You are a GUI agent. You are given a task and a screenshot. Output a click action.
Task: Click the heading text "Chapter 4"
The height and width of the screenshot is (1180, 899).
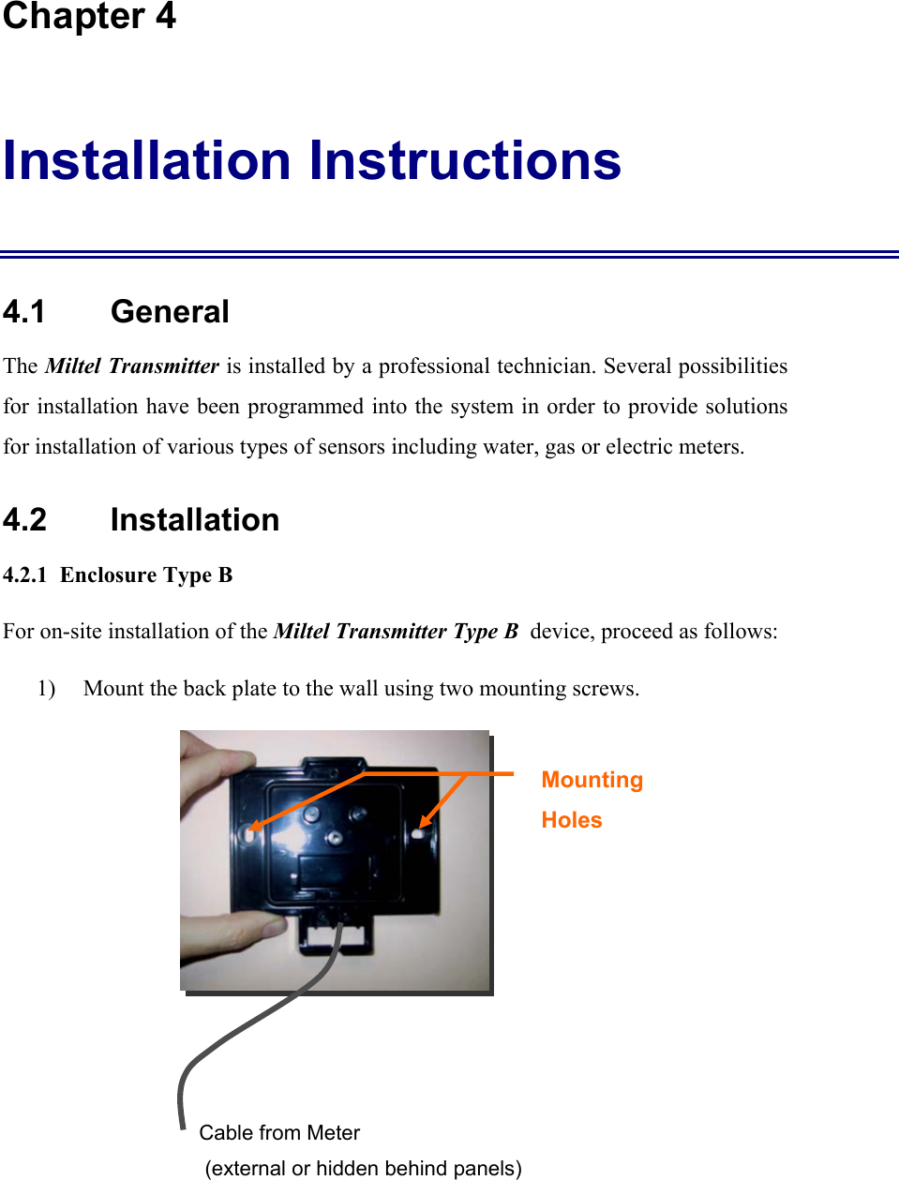(x=89, y=17)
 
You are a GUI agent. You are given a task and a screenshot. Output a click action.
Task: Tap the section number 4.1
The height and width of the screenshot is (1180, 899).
(x=24, y=312)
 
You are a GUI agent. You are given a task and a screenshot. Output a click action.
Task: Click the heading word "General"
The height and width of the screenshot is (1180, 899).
(x=170, y=312)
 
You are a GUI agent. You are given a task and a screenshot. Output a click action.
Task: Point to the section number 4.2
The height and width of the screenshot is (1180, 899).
(x=25, y=520)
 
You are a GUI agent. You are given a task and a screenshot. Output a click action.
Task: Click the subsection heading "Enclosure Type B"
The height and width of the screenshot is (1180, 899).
(x=146, y=575)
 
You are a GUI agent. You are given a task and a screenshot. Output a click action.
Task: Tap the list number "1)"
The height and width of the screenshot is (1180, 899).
(x=46, y=689)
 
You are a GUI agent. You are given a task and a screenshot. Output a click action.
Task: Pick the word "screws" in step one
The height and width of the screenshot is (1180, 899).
(x=604, y=689)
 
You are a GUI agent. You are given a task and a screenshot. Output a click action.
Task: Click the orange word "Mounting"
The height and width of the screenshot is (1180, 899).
(x=592, y=780)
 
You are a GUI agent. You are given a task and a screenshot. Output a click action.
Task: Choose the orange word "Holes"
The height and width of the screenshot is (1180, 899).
(x=572, y=820)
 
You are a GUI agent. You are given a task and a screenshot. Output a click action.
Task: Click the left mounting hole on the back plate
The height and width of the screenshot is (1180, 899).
(x=251, y=830)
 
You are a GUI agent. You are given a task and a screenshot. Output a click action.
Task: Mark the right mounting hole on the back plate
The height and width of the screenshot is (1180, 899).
(x=418, y=832)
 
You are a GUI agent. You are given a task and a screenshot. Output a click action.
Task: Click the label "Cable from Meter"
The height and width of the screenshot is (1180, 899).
(x=279, y=1133)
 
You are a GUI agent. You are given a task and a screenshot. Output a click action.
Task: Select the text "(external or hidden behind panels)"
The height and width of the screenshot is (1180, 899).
(x=363, y=1169)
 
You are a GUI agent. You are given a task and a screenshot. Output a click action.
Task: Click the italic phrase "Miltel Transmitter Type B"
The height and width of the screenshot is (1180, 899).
(x=396, y=632)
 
